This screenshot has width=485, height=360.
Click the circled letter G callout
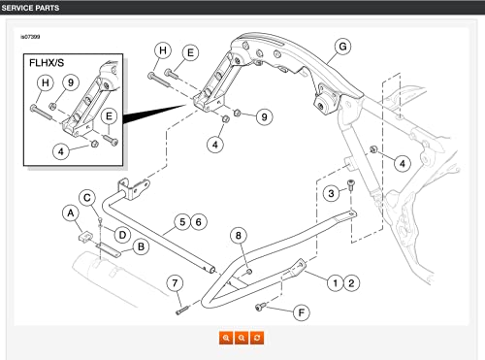point(342,47)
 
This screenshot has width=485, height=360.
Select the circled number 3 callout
point(331,193)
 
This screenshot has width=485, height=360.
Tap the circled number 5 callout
point(182,222)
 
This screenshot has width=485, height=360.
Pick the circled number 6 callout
point(199,222)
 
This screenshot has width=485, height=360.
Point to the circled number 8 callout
point(239,236)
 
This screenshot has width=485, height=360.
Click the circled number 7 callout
point(175,283)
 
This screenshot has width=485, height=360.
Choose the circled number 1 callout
point(336,283)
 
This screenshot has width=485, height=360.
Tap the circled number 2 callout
point(351,283)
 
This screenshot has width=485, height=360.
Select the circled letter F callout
point(302,312)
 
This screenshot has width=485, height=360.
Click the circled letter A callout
point(71,213)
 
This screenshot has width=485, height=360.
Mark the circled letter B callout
point(141,246)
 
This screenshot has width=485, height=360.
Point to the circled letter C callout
point(87,198)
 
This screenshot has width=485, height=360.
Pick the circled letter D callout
point(122,235)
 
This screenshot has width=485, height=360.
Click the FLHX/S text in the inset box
point(47,63)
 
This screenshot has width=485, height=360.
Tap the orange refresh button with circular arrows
point(257,338)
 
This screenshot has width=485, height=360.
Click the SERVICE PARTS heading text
point(30,8)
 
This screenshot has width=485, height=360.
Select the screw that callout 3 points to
point(351,184)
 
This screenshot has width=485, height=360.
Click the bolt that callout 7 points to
point(182,311)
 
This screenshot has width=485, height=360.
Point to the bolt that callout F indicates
point(260,307)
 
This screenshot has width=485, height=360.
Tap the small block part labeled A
point(84,236)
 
